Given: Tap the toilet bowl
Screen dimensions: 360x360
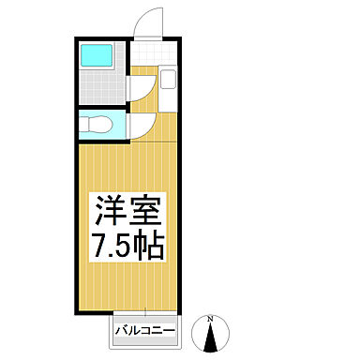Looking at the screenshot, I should (97, 125).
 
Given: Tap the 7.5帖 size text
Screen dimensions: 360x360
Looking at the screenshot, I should (128, 247).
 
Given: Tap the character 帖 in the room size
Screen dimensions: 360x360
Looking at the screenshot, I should (152, 247).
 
